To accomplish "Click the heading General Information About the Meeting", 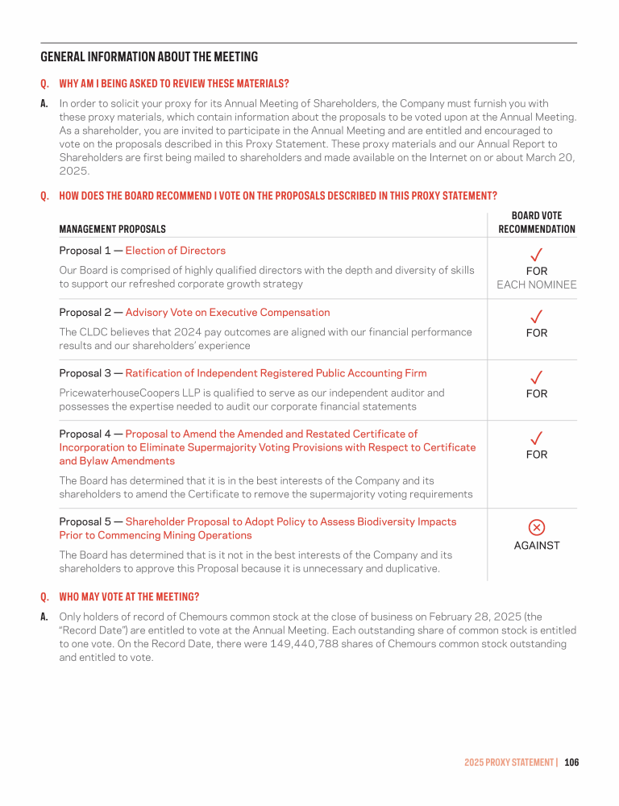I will click(149, 57).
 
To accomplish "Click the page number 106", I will click(571, 762).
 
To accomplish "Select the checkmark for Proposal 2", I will click(536, 316).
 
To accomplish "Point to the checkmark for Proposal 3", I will click(536, 377).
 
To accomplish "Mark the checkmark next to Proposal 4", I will click(536, 438).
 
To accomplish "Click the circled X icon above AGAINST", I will click(536, 527).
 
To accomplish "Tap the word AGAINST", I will click(536, 546).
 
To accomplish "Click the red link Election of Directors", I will click(175, 251).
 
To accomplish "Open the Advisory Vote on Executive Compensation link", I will click(227, 312).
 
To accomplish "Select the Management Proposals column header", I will click(113, 229).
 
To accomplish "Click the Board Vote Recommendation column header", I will click(537, 222).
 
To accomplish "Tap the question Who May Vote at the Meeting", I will click(129, 597).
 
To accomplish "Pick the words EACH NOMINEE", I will click(537, 285).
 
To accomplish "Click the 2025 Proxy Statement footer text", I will click(509, 762).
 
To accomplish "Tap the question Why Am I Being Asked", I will click(174, 84).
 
